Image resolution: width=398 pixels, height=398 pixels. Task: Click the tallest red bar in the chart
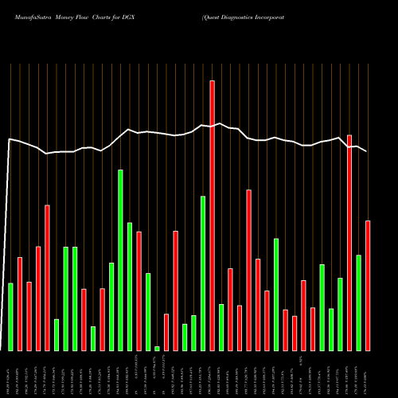point(213,215)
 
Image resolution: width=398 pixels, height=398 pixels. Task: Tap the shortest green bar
point(157,349)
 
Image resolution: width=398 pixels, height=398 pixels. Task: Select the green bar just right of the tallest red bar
point(221,327)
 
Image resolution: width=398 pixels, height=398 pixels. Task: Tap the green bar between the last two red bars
point(359,302)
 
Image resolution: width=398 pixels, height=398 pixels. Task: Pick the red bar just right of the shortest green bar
point(166,332)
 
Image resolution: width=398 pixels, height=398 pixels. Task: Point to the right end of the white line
point(368,150)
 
